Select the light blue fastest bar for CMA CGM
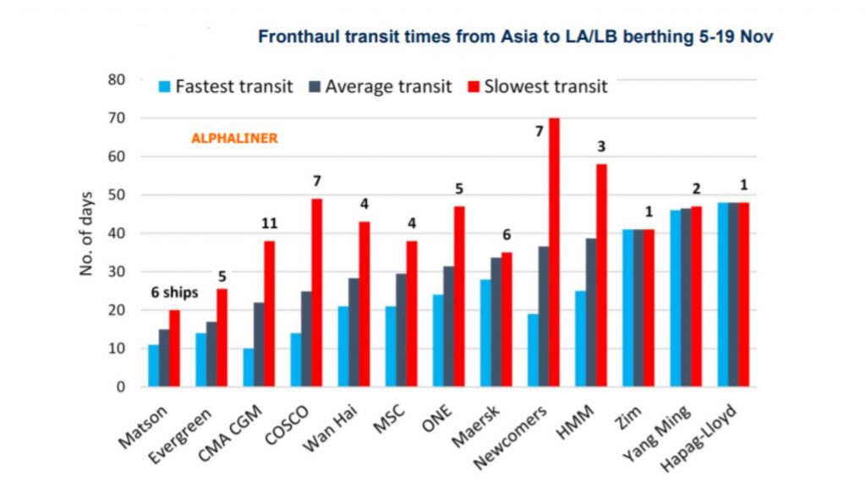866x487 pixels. coord(249,368)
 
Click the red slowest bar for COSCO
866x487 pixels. coord(316,293)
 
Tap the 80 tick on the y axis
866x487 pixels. coord(116,80)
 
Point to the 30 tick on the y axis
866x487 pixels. coord(116,272)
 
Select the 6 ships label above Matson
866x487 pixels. coord(174,293)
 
